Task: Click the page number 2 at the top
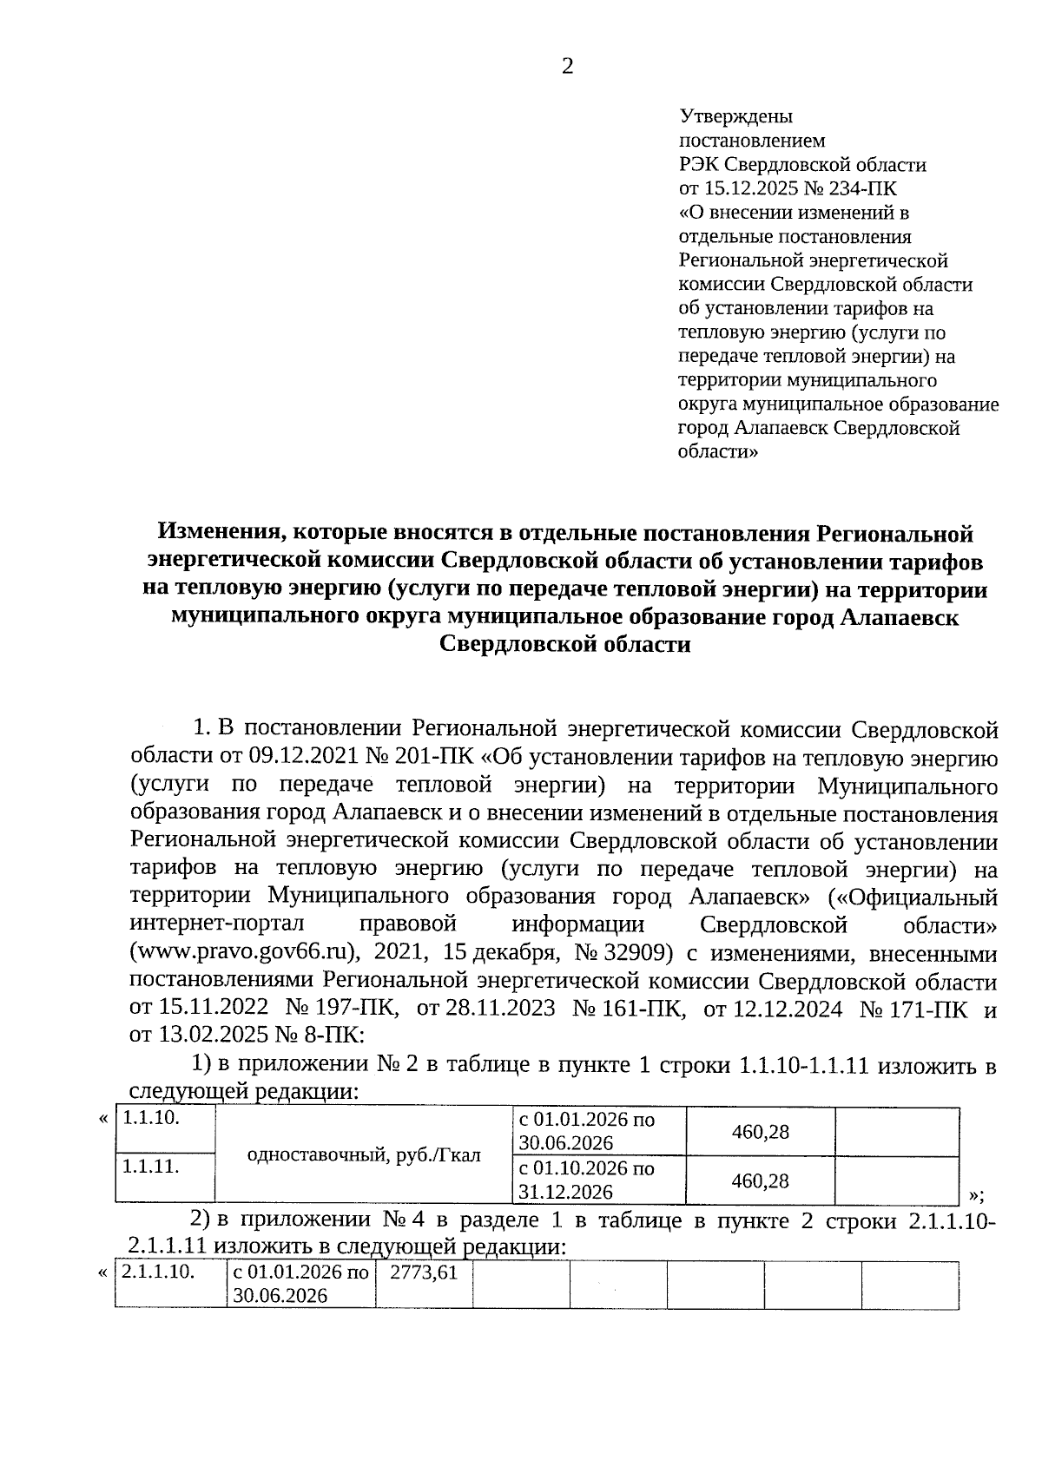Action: click(567, 67)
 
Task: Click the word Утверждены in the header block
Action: click(735, 116)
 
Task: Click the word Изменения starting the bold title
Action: click(214, 533)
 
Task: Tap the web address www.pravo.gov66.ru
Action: click(244, 952)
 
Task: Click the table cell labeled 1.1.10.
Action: click(151, 1118)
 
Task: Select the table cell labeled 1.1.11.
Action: click(151, 1167)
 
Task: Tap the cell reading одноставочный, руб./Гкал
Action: click(364, 1154)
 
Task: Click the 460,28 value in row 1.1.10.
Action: click(760, 1132)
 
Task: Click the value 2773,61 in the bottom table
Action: click(423, 1273)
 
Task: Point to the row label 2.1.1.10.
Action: click(157, 1273)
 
